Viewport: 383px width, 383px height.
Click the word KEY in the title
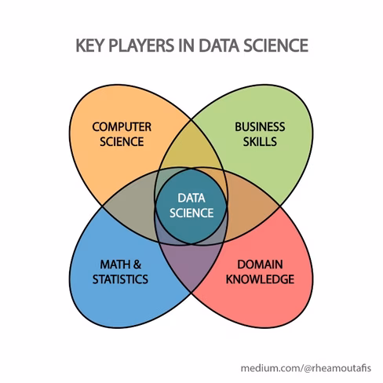coord(89,46)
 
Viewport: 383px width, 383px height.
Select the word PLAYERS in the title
coord(141,46)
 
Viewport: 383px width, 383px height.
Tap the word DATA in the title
coord(219,46)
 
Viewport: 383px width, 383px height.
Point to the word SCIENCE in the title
coord(276,46)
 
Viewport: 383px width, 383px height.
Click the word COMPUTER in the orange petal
coord(122,127)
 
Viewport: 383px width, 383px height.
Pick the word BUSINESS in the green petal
coord(260,127)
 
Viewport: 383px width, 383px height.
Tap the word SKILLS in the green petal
coord(260,141)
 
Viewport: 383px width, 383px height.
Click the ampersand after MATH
coord(137,264)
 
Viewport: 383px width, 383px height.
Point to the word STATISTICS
coord(120,279)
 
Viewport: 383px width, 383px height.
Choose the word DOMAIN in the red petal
coord(260,264)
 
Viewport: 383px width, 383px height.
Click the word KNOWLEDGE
coord(260,279)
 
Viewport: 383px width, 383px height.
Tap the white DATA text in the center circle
coord(191,198)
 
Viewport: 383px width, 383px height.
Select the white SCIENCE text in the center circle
coord(191,213)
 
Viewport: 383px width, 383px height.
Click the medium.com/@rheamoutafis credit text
coord(306,368)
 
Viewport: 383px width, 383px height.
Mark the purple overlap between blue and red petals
coord(191,267)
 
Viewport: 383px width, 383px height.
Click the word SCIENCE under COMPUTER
coord(122,141)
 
